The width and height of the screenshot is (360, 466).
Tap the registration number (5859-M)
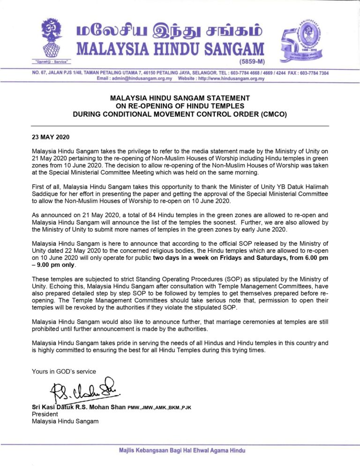(248, 61)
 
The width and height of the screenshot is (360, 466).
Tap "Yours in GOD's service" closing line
(64, 371)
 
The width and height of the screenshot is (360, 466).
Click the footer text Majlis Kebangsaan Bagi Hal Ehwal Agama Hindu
(182, 450)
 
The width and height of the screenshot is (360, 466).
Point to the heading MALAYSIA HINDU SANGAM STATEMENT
(180, 98)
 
